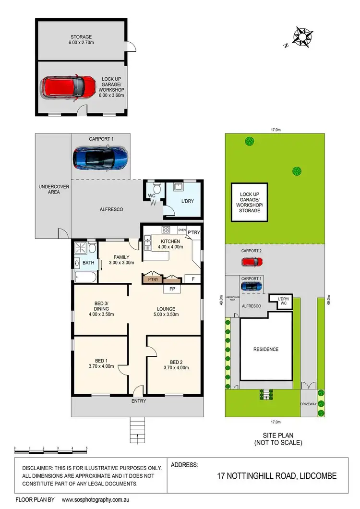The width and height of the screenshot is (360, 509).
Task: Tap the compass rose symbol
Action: point(302,36)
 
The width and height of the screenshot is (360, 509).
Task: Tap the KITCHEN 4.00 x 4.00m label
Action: point(170,244)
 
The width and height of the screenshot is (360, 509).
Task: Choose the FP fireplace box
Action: point(171,289)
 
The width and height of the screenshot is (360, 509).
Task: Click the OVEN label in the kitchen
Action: point(182,230)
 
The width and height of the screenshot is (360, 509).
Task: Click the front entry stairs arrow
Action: point(138,437)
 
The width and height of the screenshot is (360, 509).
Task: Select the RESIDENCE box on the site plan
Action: point(266,349)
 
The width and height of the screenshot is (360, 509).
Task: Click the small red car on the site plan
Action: point(252,262)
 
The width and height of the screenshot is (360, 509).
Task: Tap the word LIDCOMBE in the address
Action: point(316,476)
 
